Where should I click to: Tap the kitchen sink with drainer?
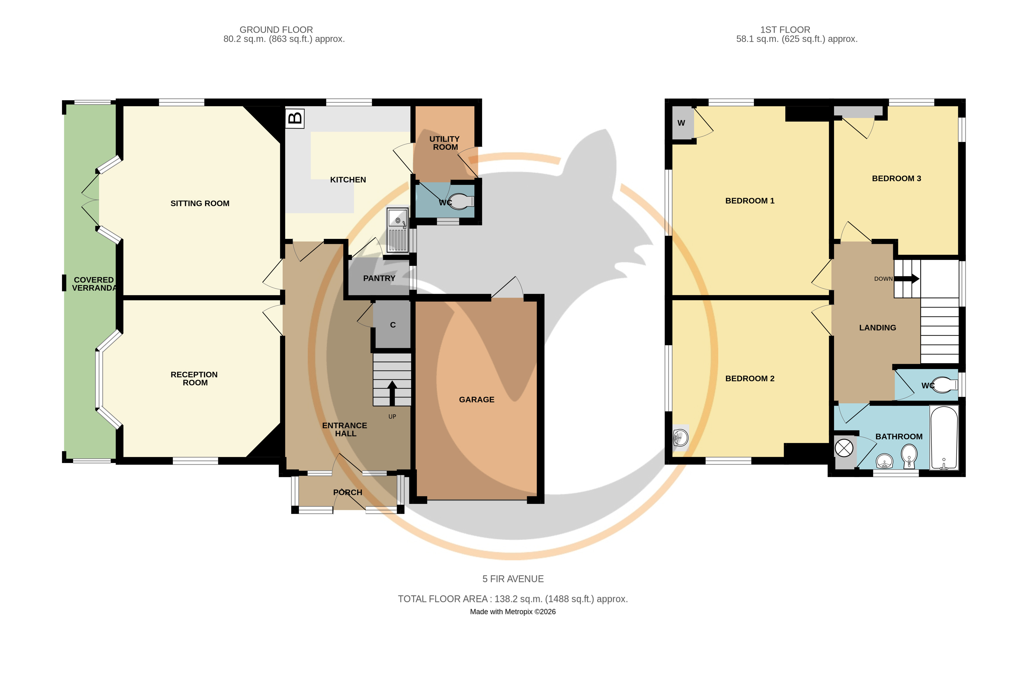coord(398,230)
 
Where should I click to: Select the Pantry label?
coord(379,278)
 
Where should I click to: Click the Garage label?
coord(477,399)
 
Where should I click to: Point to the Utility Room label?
coord(445,143)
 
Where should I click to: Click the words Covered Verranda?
coord(94,284)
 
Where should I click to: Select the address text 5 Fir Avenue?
coord(513,579)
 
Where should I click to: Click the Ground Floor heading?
coord(276,30)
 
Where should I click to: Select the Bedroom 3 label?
coord(896,178)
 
